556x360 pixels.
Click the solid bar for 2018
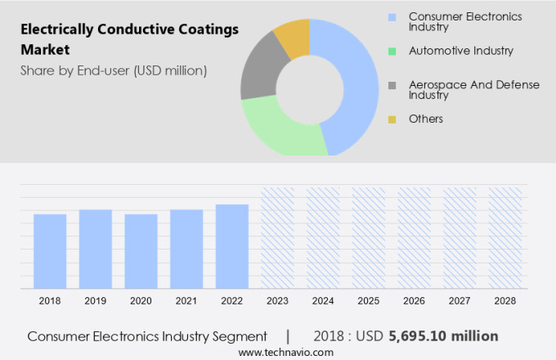point(50,251)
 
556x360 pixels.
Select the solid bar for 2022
point(232,246)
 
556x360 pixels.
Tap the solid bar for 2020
point(141,251)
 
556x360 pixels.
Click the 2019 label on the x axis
point(96,301)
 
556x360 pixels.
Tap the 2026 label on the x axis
point(414,301)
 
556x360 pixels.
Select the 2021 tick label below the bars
point(186,301)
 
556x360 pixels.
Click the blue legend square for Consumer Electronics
point(392,16)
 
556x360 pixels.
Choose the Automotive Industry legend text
point(461,51)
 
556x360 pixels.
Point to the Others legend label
point(425,119)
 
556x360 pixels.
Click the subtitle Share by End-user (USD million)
point(114,70)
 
